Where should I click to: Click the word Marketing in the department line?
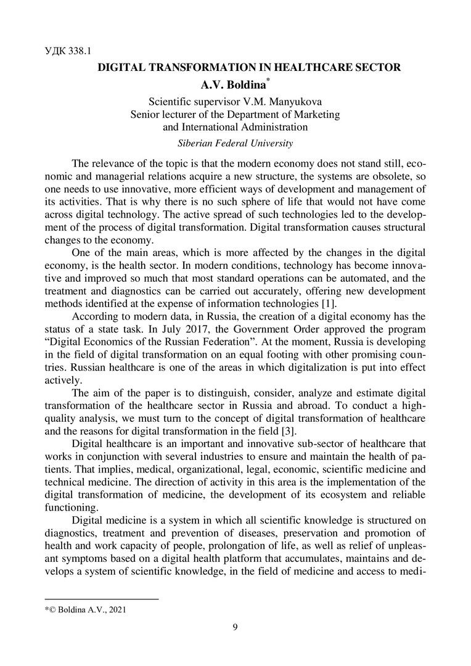pyautogui.click(x=313, y=115)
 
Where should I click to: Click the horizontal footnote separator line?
pyautogui.click(x=102, y=598)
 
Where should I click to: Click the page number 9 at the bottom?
pyautogui.click(x=235, y=628)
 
